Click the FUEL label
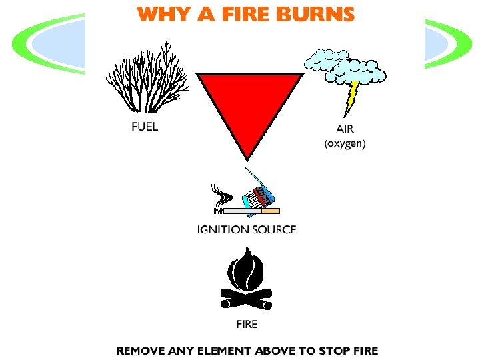click(x=144, y=127)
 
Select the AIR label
click(x=344, y=129)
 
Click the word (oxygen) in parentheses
click(x=344, y=143)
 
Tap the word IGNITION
click(x=221, y=230)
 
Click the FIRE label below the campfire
click(x=247, y=324)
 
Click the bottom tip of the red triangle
click(x=247, y=159)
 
